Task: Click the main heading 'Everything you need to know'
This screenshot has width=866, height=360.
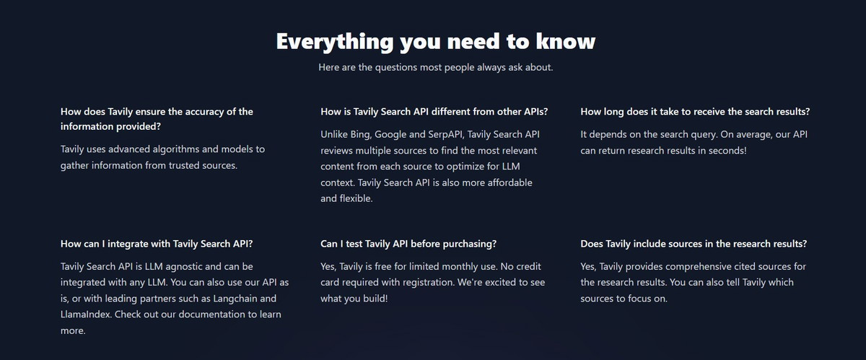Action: pyautogui.click(x=436, y=41)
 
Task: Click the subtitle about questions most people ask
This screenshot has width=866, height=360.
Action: pyautogui.click(x=436, y=67)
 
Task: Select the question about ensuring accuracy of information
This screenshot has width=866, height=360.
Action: pyautogui.click(x=157, y=119)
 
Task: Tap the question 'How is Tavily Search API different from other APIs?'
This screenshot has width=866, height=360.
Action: pyautogui.click(x=434, y=112)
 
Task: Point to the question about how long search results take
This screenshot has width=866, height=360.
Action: pyautogui.click(x=695, y=112)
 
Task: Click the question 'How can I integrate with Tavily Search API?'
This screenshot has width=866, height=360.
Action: pyautogui.click(x=157, y=244)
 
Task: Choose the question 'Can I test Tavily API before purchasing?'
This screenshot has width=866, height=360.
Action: pyautogui.click(x=408, y=244)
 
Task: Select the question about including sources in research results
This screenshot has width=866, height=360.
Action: pyautogui.click(x=694, y=244)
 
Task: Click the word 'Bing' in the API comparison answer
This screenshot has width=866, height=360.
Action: pyautogui.click(x=361, y=135)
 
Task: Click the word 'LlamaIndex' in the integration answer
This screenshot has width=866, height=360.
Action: pyautogui.click(x=86, y=315)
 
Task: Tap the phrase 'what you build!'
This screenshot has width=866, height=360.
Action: pyautogui.click(x=354, y=299)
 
